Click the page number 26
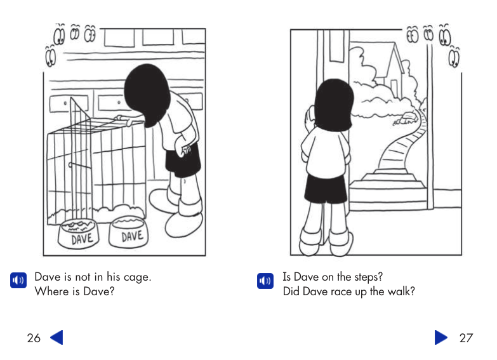click(34, 338)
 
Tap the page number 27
click(466, 338)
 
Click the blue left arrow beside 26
click(56, 338)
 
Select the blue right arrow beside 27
click(441, 338)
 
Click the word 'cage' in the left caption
click(136, 277)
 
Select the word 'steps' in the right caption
click(368, 277)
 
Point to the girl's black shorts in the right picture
click(324, 190)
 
